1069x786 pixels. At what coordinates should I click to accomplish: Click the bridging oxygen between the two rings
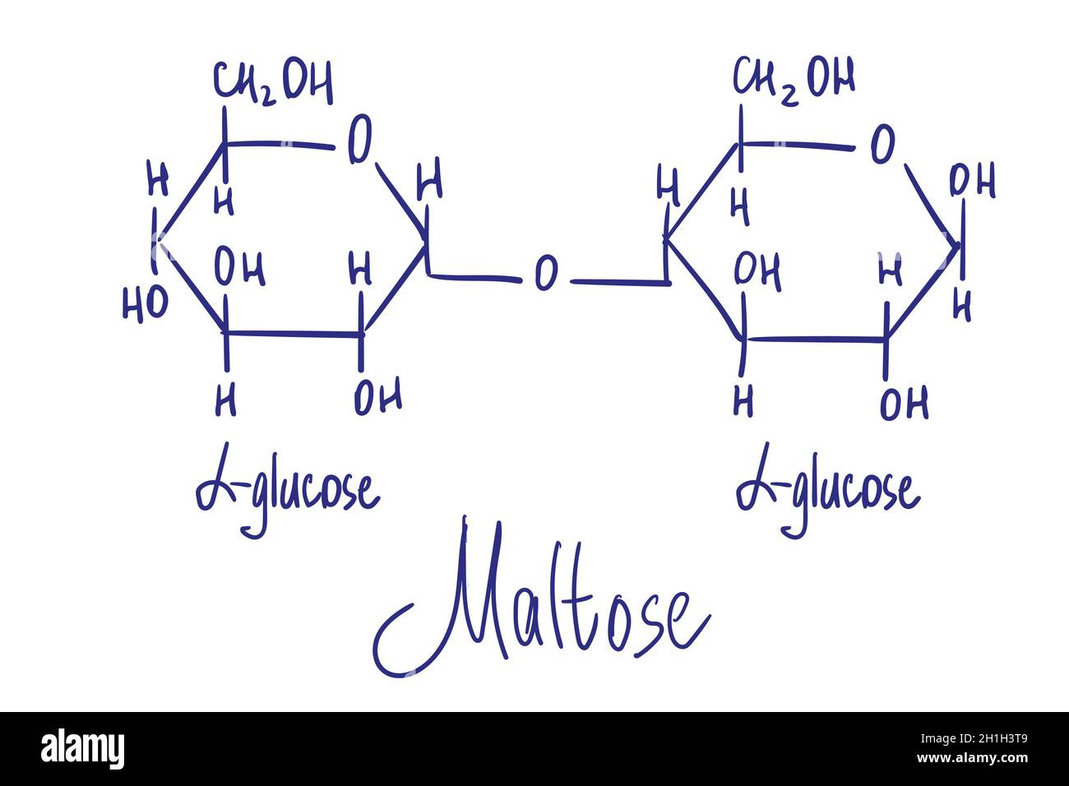coord(545,273)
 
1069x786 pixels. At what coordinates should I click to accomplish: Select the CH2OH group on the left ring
coord(272,81)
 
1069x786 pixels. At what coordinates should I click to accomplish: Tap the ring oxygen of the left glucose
coord(359,139)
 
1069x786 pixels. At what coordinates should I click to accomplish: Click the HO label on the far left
coord(146,304)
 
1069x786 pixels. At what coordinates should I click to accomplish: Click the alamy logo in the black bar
coord(82,748)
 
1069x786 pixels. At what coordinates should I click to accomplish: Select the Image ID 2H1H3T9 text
coord(974,739)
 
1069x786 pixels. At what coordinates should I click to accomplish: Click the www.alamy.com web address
coord(973,758)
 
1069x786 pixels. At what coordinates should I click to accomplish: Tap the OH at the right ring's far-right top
coord(972,179)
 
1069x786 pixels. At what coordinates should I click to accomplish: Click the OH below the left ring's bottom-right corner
coord(378,397)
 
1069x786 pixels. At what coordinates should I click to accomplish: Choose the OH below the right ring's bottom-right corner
coord(904,403)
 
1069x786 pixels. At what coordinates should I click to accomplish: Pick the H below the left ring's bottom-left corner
coord(225,399)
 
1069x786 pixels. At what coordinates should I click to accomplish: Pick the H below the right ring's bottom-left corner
coord(743,401)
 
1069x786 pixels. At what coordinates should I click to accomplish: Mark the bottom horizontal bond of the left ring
coord(293,334)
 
